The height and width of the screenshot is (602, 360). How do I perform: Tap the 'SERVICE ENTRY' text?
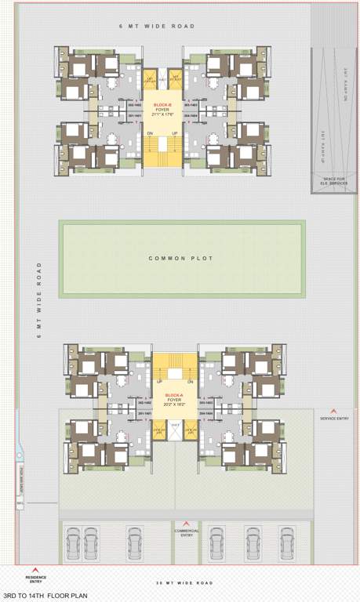coord(334,419)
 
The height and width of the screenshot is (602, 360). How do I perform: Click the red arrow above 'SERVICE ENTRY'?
coord(334,411)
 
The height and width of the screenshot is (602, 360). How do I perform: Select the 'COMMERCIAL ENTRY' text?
coord(186,532)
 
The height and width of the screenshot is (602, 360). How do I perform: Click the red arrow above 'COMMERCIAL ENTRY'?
coord(186,524)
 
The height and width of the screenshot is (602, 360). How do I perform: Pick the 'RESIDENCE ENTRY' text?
coord(36,579)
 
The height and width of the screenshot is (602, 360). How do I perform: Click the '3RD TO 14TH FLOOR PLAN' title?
coord(45,596)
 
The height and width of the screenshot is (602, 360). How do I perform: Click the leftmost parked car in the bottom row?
coord(72,542)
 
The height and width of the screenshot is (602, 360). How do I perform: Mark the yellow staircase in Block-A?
coord(174,367)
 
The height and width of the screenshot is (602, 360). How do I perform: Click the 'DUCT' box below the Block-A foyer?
coord(176,426)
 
